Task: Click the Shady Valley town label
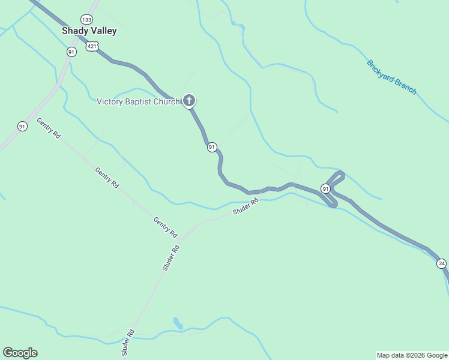89,31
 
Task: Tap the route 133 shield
88,19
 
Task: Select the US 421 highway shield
92,46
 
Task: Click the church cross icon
189,100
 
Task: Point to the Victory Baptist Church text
138,101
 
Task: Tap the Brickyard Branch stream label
391,77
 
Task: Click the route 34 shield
442,263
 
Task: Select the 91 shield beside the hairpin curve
325,188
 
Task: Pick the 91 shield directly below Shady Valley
71,52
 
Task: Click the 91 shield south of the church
212,147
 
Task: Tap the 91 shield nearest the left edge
22,126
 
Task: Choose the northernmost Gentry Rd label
49,128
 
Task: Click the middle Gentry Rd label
107,178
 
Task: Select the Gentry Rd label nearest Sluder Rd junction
166,227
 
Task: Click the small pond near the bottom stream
178,323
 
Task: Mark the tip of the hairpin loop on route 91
342,174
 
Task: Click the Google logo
20,353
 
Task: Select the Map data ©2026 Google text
412,355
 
